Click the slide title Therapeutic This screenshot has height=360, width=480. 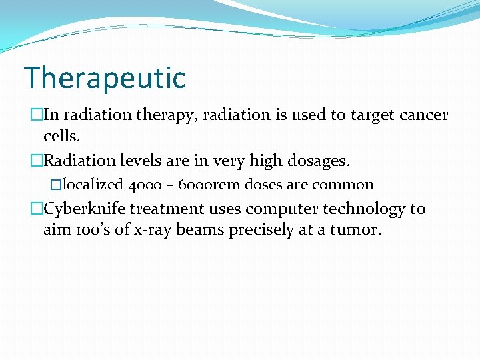coord(105,78)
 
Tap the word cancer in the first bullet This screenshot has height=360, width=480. coord(424,115)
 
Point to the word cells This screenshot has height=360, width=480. coord(61,136)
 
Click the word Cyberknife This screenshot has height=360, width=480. coord(85,209)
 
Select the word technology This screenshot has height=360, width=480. coord(364,209)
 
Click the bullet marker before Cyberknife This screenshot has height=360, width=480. coord(37,209)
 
